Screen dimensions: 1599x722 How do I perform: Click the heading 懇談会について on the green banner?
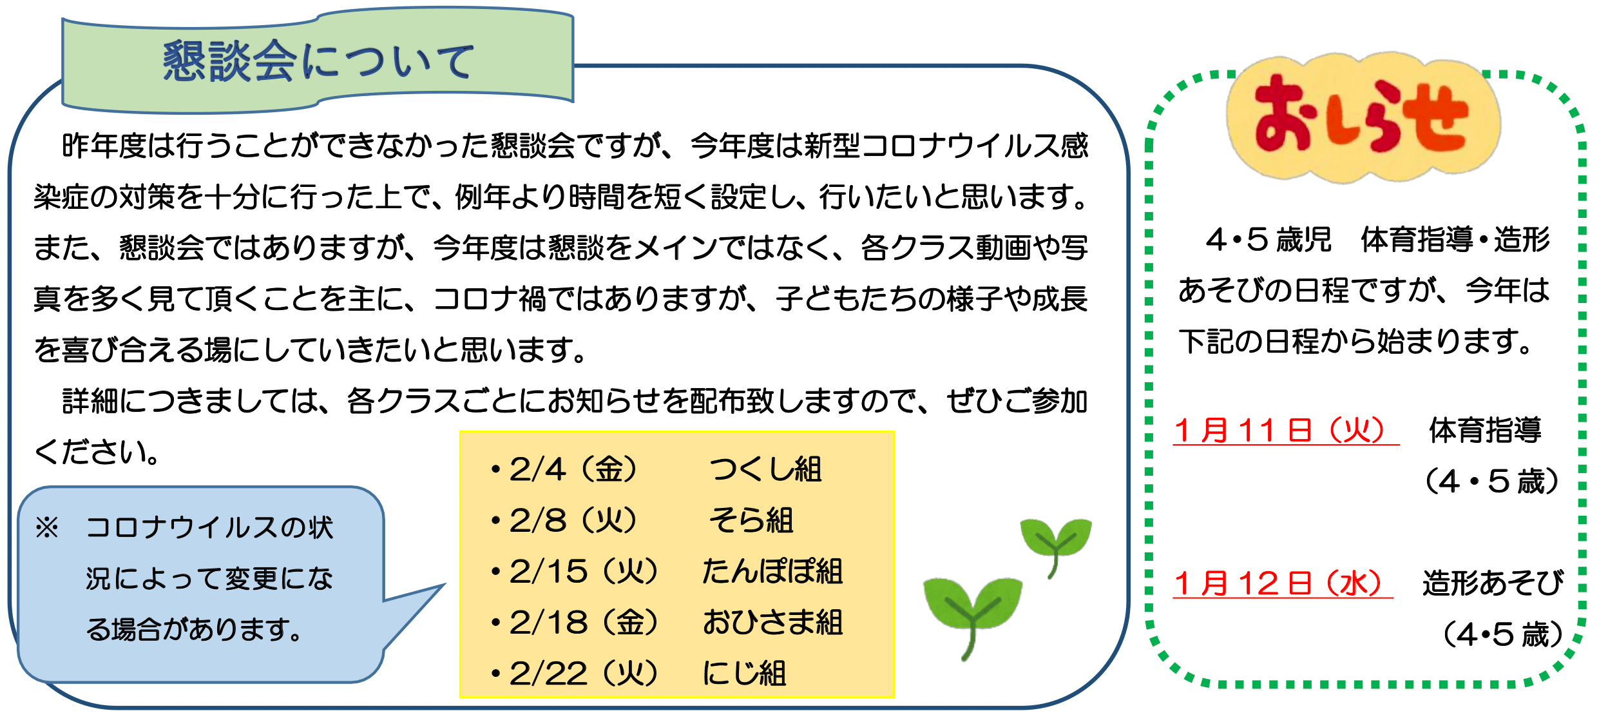318,61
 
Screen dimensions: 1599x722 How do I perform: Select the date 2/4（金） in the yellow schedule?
573,469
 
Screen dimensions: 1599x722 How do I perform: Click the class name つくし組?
765,469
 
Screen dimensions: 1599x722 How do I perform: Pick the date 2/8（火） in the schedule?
573,520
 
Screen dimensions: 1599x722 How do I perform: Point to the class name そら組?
751,520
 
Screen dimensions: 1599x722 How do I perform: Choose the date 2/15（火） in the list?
584,571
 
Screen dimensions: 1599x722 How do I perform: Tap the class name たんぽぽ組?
772,571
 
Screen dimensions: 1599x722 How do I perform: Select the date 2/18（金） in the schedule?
584,622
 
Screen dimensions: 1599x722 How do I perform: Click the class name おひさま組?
772,622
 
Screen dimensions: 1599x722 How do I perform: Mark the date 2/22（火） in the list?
584,674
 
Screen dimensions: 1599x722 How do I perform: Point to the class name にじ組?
744,674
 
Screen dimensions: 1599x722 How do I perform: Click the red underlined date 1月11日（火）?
1285,430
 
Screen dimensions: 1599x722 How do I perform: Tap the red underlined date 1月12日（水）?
1283,583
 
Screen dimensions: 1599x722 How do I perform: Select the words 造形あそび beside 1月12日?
1493,583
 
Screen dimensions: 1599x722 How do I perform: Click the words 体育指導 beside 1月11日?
1485,430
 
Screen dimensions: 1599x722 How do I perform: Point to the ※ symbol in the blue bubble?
47,528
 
